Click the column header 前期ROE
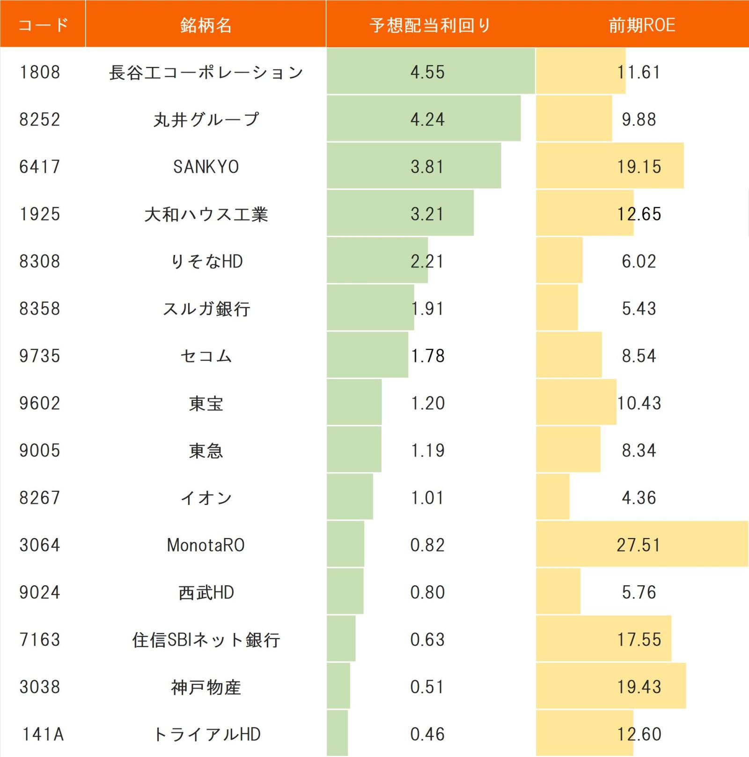(642, 25)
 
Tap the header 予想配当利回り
(430, 25)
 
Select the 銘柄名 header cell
(206, 25)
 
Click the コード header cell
(43, 25)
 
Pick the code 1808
(40, 73)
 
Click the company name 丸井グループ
(206, 120)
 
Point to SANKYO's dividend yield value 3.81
(427, 167)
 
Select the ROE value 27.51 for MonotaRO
(639, 546)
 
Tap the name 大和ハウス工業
(206, 214)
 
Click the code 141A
(43, 735)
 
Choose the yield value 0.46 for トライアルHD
(427, 735)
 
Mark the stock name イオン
(206, 498)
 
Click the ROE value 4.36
(639, 498)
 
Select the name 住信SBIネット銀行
(206, 640)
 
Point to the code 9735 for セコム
(40, 356)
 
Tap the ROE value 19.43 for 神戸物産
(639, 687)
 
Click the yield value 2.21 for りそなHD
(427, 262)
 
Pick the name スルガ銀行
(206, 309)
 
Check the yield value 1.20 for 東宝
(427, 403)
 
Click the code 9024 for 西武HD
(40, 593)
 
